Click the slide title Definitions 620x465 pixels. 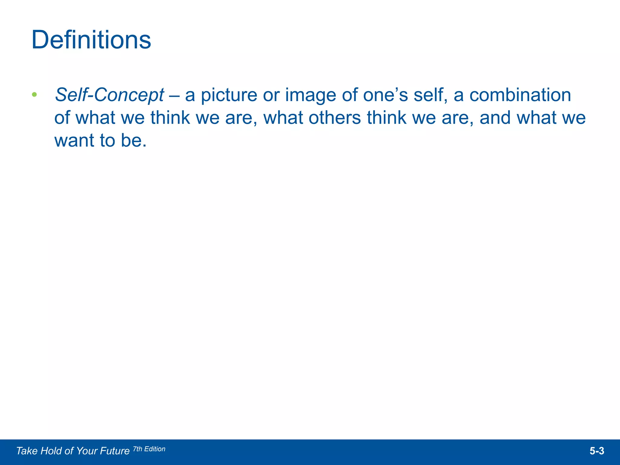[91, 40]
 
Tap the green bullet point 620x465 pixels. [34, 95]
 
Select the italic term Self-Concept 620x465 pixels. [109, 95]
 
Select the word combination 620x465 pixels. [520, 95]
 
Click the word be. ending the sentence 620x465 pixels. [134, 140]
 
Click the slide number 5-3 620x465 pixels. [597, 451]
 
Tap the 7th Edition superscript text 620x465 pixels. [149, 449]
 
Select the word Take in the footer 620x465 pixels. [27, 451]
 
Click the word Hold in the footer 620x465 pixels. [51, 451]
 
